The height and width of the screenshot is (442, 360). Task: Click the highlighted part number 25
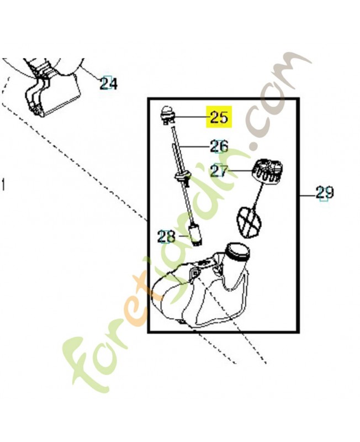point(219,117)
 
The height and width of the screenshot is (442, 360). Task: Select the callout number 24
point(108,83)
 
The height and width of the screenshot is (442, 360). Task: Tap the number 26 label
point(219,146)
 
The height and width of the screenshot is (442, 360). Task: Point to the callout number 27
point(219,171)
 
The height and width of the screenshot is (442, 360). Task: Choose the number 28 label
point(166,237)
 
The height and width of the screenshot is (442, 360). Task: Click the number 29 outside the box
point(324,193)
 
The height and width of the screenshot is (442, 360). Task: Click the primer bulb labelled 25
point(168,115)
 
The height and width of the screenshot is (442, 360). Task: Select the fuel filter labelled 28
point(195,234)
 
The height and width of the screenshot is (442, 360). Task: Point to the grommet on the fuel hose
point(182,177)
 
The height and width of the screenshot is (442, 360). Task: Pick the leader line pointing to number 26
point(194,146)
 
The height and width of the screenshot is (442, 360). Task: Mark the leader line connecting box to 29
point(306,195)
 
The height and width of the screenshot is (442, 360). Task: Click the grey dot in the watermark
point(256,146)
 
